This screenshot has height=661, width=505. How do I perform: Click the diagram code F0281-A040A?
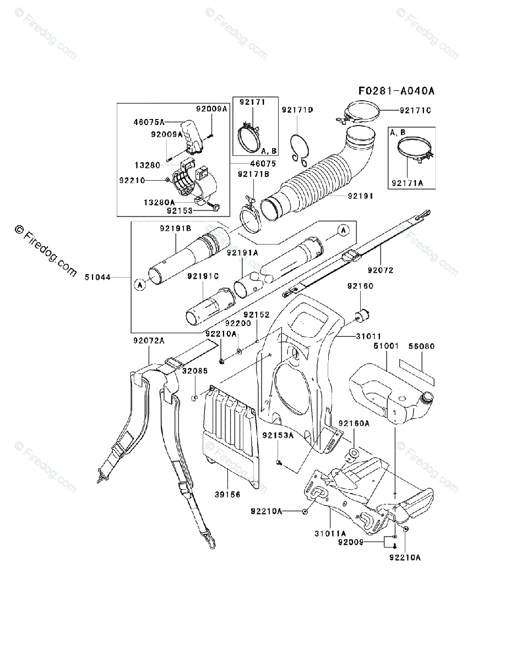pos(397,91)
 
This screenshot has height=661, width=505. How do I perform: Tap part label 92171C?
pos(415,111)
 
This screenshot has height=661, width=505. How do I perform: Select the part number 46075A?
pos(149,122)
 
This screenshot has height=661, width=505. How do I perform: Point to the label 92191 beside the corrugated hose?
pos(361,196)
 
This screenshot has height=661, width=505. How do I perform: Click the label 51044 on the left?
pos(97,277)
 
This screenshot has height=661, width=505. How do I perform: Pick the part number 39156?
pos(227,495)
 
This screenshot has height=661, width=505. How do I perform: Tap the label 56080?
pos(421,346)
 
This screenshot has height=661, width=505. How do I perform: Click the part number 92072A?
pos(149,340)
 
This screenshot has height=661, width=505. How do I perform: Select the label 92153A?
pos(278,436)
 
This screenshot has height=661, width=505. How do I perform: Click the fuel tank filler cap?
pos(426,398)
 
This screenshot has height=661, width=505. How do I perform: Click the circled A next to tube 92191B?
pos(140,285)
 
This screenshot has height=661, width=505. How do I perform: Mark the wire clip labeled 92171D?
pos(299,150)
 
